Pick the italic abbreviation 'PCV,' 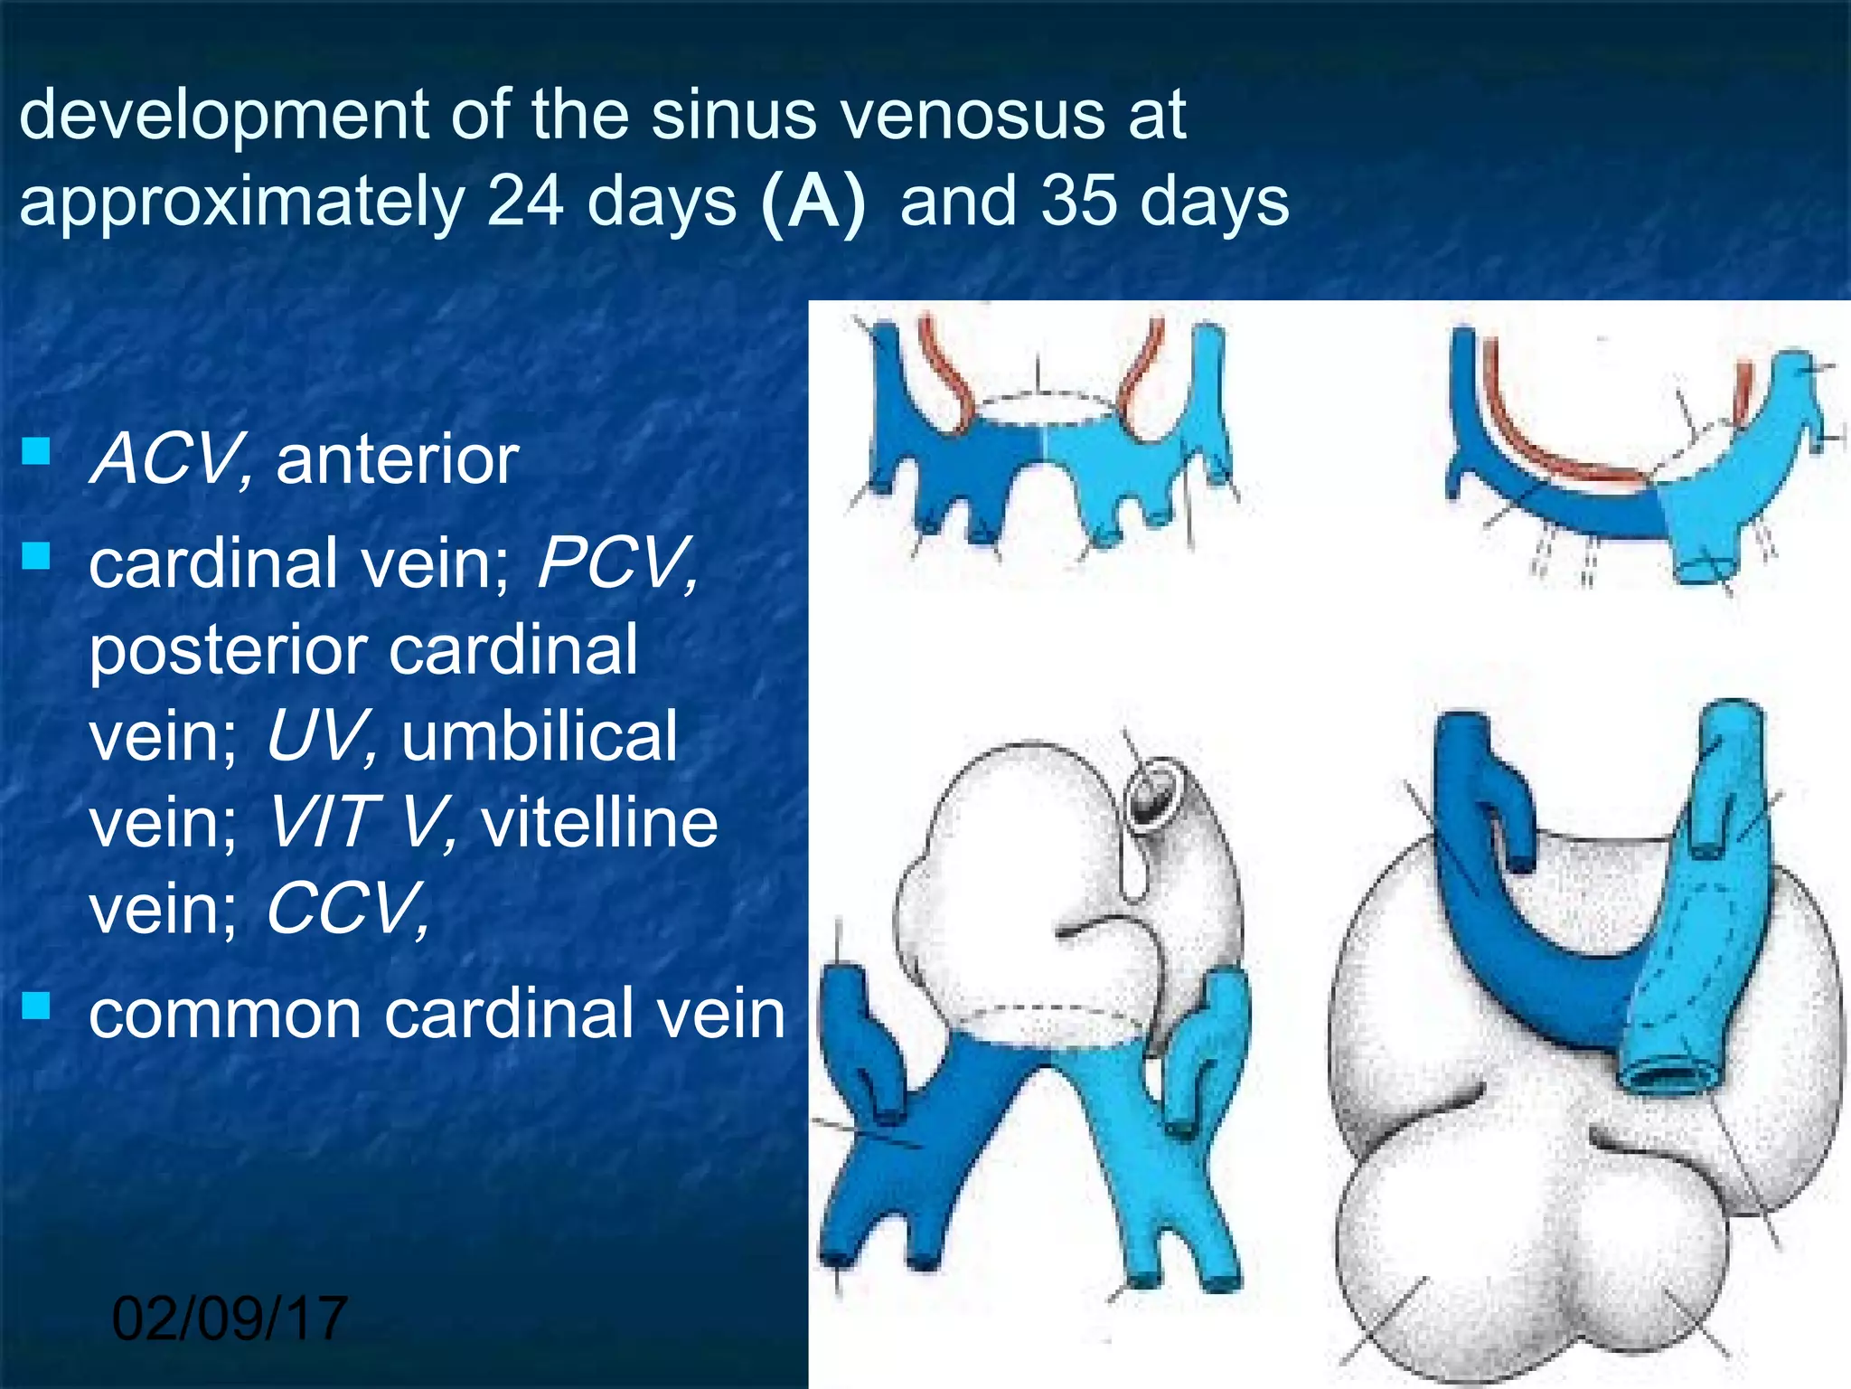coord(617,562)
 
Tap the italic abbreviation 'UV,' coord(321,736)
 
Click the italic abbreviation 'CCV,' coord(348,909)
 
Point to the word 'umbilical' coord(540,736)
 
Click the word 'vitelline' coord(600,823)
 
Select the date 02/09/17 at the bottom coord(230,1318)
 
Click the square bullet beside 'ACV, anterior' coord(36,450)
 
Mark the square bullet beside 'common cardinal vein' coord(36,1005)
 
